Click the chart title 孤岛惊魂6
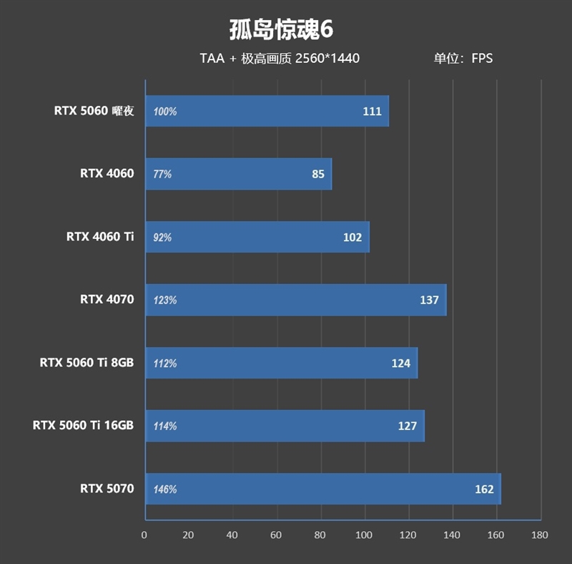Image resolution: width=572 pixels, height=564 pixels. pos(282,29)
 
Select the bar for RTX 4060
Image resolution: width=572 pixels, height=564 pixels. pos(238,174)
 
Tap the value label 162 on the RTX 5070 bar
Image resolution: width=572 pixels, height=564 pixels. pos(484,490)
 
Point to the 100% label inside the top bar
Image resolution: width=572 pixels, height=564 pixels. pos(164,112)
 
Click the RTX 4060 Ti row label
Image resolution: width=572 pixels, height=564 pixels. pos(100,237)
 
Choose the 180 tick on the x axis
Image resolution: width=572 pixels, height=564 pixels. pos(540,535)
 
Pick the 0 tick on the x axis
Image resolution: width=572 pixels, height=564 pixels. pos(144,535)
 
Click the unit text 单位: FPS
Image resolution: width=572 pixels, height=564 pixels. pos(463,59)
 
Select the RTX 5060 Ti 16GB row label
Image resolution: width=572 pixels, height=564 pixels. pos(83,426)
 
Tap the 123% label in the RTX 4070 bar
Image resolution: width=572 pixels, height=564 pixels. pos(164,301)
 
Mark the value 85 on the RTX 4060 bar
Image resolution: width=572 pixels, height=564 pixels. pos(318,174)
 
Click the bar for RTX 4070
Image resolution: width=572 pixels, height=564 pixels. pos(295,300)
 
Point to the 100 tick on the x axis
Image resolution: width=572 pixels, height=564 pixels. pos(364,535)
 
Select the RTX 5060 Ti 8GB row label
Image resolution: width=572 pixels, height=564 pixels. pos(87,363)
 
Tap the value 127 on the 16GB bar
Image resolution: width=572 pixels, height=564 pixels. pos(407,427)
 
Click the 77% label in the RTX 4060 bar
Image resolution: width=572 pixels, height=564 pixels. pos(162,175)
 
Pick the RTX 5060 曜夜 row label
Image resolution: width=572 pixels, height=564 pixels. pos(94,111)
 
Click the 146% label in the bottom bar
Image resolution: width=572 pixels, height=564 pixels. pos(164,490)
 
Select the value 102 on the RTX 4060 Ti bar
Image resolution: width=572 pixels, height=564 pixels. pos(352,238)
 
